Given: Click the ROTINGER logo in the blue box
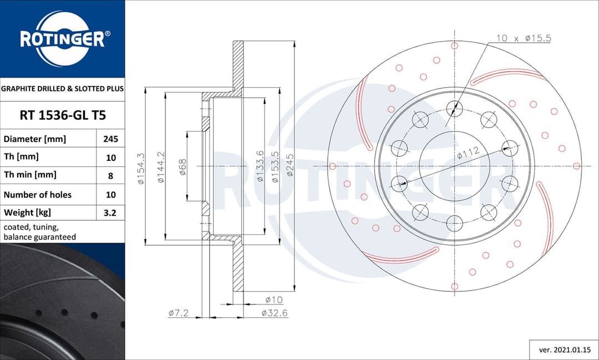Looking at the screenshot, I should point(62,39).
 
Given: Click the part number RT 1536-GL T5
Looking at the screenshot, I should point(62,115).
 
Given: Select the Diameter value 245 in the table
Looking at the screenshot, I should point(110,139).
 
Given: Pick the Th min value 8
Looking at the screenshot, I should point(110,175).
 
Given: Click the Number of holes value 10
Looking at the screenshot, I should point(110,195).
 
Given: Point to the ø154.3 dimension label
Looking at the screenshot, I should point(141,169).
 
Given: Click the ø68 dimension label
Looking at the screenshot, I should point(182,167).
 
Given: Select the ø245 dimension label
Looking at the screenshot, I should point(289,165).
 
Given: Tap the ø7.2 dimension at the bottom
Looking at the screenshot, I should point(179,313).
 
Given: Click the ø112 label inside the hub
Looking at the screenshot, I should point(468,153).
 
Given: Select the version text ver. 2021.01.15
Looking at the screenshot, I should point(564,350).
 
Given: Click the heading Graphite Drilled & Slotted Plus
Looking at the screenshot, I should point(62,88).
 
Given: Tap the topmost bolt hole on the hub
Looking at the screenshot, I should point(454,109).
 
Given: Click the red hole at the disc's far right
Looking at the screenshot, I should point(576,166).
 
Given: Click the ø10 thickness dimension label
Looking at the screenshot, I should point(274,300).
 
